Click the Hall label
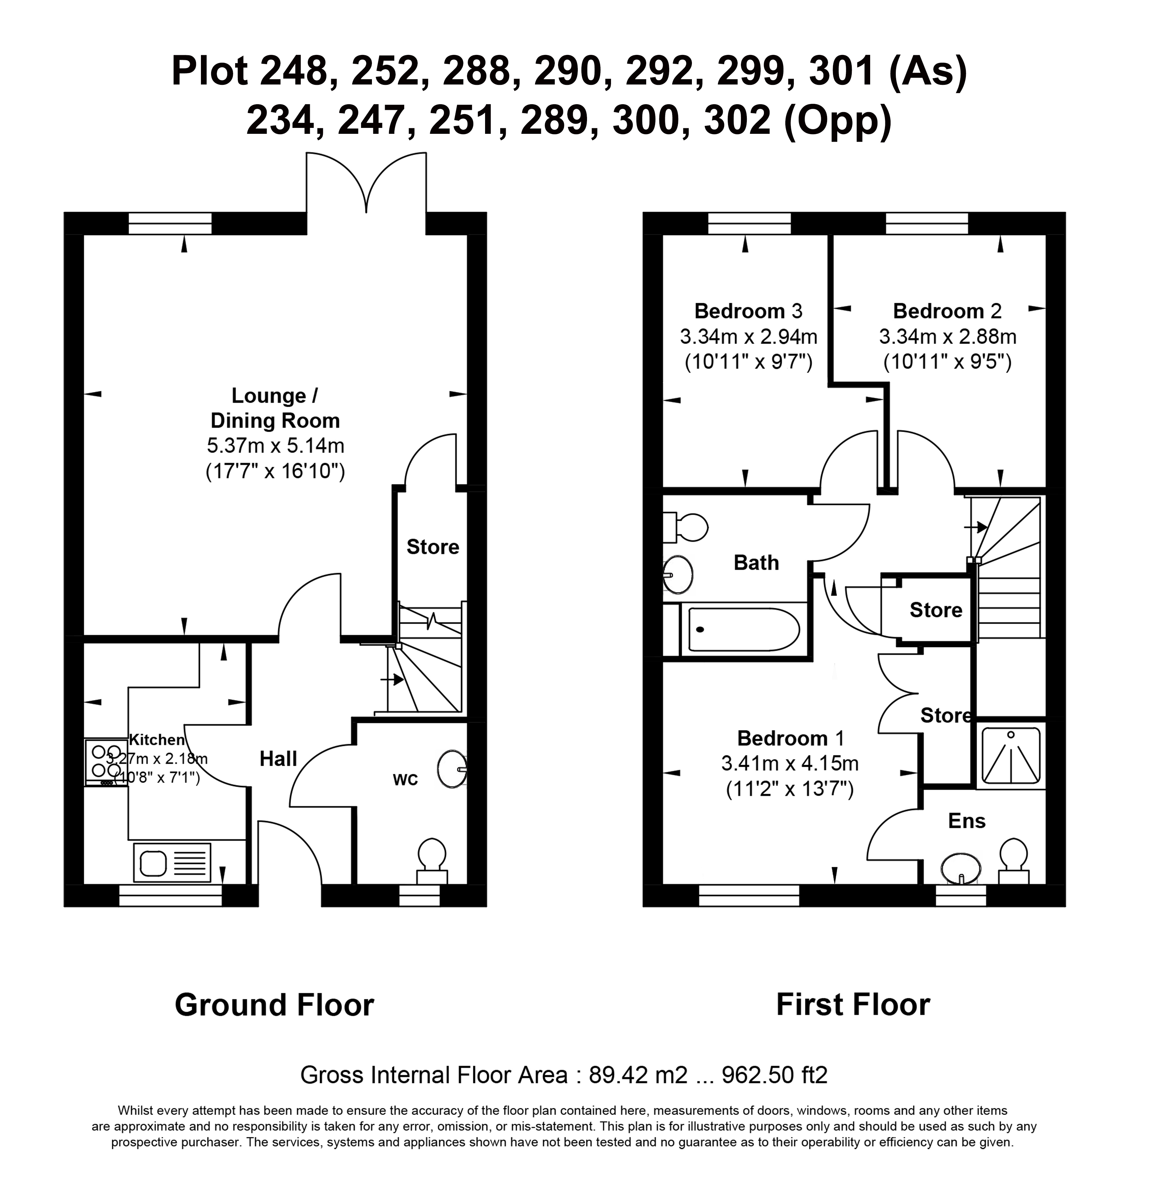point(278,759)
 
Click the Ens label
point(967,821)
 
